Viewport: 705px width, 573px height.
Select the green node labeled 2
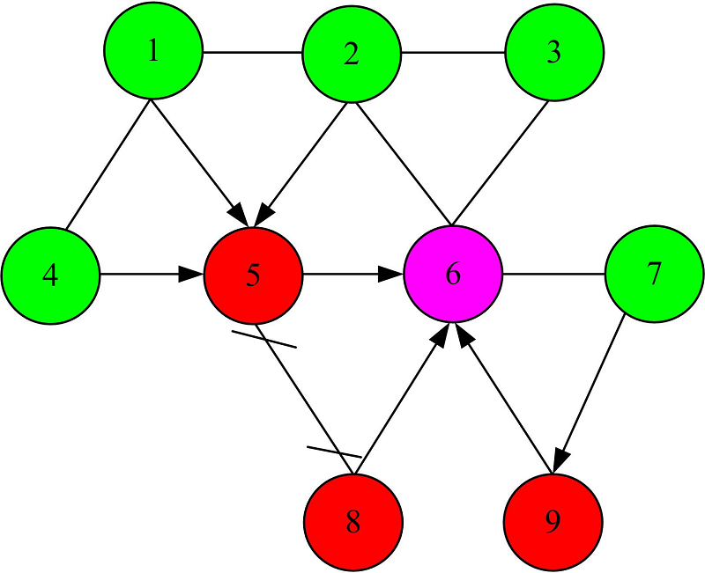352,55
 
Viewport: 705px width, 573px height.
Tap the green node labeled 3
553,53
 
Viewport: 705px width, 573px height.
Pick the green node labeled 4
50,275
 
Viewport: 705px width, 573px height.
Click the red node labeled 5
253,275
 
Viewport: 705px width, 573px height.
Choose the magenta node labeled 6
453,275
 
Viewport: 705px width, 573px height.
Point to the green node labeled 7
654,275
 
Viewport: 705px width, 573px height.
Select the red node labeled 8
353,523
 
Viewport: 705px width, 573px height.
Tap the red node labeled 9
553,523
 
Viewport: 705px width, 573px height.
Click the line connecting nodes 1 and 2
253,53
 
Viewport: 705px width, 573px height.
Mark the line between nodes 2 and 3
453,53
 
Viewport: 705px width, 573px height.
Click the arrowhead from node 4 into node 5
192,275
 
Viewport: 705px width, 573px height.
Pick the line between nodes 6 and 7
553,275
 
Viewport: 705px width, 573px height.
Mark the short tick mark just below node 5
263,339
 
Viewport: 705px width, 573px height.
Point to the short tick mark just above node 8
334,452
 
